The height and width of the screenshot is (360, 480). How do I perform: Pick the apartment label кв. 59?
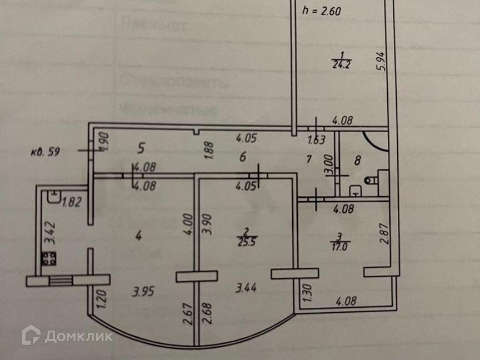pos(48,149)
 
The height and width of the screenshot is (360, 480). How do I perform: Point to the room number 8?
pos(358,161)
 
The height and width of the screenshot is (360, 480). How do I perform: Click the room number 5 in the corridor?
pos(141,148)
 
